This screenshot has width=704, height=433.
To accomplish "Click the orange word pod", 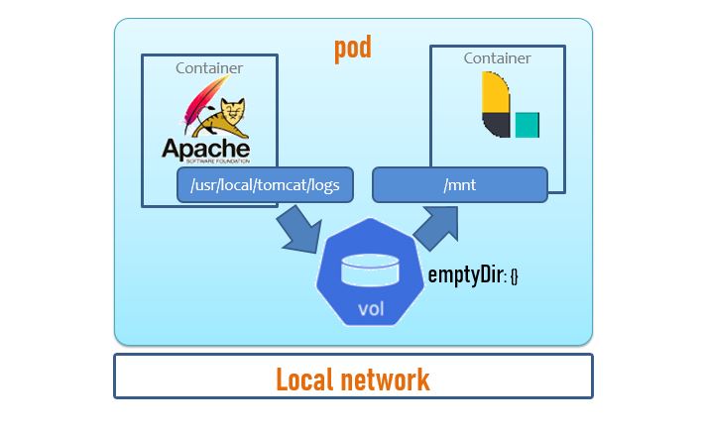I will [x=353, y=47].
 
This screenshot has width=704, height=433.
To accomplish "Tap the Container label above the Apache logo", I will [x=209, y=68].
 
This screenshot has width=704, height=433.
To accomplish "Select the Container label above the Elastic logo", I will [x=497, y=58].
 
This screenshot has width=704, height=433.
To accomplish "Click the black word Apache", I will [x=206, y=147].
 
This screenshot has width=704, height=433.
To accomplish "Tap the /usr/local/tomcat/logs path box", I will [x=264, y=184].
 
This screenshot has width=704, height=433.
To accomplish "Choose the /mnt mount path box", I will [x=459, y=184].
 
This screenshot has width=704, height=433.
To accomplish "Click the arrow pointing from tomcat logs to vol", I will [x=297, y=229].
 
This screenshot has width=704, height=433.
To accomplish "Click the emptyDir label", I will [x=466, y=274].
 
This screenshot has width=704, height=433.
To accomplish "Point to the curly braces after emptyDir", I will [x=514, y=276].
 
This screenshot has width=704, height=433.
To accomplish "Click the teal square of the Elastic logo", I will [x=528, y=125].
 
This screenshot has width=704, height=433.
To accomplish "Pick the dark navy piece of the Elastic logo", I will [x=495, y=125].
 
